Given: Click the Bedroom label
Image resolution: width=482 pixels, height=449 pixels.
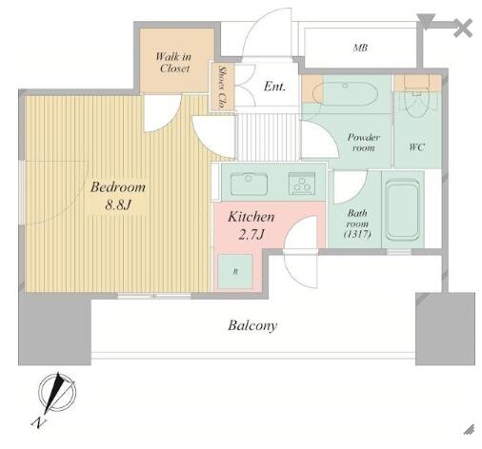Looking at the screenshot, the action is (118, 187).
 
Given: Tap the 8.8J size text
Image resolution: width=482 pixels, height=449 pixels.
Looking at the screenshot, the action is (118, 205).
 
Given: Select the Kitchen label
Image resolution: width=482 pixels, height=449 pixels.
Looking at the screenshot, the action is (251, 217).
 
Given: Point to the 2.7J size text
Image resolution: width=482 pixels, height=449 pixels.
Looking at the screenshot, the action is (251, 235).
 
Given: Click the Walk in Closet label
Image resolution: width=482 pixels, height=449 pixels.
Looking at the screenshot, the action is (173, 63).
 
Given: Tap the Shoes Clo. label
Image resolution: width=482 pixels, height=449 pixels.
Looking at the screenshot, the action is (222, 87).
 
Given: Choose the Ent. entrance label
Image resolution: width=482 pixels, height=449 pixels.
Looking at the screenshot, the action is (274, 87).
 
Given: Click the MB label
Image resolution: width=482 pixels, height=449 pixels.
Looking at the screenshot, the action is (360, 48).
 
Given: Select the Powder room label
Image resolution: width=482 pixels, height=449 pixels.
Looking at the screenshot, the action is (363, 143).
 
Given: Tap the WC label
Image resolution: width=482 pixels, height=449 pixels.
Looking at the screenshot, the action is (417, 147).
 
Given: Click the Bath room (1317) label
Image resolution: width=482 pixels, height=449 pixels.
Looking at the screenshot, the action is (357, 224).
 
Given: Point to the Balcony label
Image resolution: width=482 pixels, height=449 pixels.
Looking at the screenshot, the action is (252, 325).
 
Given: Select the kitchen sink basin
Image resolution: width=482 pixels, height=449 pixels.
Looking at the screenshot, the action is (249, 184).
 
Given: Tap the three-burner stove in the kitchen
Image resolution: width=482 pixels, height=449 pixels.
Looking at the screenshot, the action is (302, 184).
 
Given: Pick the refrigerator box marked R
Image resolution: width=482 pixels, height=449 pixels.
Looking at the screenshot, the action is (235, 271).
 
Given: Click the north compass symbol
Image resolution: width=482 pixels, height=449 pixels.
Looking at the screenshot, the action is (57, 392).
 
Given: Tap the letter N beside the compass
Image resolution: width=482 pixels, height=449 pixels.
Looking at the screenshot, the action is (39, 423).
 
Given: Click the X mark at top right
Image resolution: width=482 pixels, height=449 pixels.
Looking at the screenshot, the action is (463, 29).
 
